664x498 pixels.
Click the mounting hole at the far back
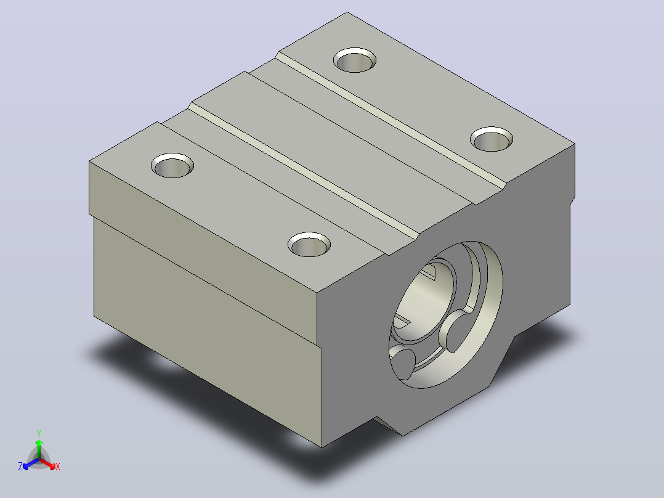pos(355,60)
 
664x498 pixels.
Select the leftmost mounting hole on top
pos(172,165)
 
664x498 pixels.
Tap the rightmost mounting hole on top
pos(492,139)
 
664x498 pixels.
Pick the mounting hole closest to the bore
pos(309,244)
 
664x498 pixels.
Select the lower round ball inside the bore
pos(403,363)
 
